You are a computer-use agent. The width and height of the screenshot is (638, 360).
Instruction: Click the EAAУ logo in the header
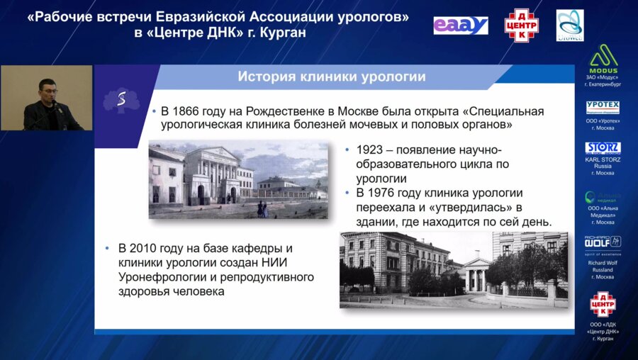point(461,26)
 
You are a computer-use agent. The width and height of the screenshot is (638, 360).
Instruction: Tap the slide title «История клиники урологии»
point(331,77)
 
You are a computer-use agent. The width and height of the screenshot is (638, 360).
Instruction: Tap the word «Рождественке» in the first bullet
point(289,112)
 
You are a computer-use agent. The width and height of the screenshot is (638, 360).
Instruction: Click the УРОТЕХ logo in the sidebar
point(603,108)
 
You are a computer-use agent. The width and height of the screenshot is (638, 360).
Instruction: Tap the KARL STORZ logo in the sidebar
point(603,149)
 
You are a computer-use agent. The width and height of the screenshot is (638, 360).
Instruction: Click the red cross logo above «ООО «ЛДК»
point(603,303)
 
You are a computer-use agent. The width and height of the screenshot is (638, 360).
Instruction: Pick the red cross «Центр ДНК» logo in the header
point(521,26)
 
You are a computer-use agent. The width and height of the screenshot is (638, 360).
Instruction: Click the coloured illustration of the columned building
point(238,180)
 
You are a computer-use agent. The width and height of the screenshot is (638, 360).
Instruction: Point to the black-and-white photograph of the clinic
point(454,269)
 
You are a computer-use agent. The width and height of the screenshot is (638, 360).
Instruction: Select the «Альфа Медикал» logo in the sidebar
point(603,198)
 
